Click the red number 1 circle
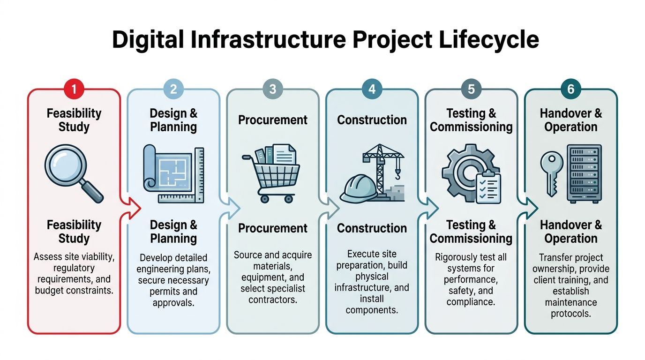coord(74,89)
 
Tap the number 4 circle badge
coord(372,89)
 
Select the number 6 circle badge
coord(570,89)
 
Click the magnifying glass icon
coord(73,173)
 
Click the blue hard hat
coord(359,189)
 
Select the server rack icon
coord(584,173)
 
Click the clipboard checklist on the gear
coord(488,187)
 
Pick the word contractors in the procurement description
coord(273,299)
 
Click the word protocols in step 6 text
coord(570,314)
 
